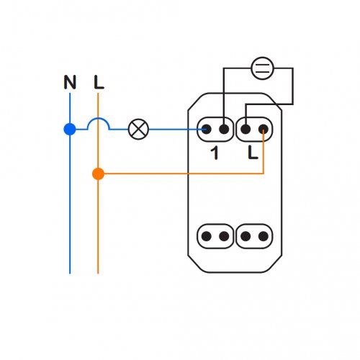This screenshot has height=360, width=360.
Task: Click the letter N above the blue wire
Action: coord(70,82)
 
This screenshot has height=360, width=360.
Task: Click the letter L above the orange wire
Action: coord(99,82)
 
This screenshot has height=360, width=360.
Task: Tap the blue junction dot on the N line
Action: coord(70,130)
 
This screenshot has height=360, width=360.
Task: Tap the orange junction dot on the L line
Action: coord(98,174)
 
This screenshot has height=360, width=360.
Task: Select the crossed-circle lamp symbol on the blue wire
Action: coord(138,130)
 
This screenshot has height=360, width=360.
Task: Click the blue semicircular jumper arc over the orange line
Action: coord(99,118)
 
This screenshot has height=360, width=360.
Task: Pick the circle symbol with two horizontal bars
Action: coord(262,68)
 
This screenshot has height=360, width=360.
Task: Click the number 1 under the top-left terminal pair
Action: coord(215,153)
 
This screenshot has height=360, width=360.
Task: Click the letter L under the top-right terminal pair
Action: coord(253,153)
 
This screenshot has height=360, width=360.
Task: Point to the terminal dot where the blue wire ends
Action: coord(206,130)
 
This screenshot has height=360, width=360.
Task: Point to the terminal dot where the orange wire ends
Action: coord(264,130)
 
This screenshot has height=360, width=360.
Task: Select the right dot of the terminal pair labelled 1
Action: coord(224,130)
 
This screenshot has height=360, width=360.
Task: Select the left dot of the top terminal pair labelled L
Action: coord(246,130)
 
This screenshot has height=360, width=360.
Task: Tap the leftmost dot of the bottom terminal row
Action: coord(206,236)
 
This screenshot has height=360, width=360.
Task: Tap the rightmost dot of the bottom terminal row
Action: coord(264,236)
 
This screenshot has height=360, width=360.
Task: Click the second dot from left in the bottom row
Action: coord(224,236)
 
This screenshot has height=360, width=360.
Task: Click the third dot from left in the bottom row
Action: coord(246,236)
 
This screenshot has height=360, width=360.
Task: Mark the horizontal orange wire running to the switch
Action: coord(184,174)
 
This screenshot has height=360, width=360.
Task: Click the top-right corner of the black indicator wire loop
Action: coord(292,68)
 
